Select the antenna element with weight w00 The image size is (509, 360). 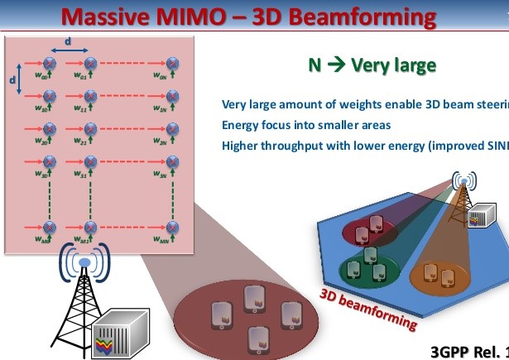point(50,63)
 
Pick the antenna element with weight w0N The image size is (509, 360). point(172,63)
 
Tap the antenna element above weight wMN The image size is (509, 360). point(172,226)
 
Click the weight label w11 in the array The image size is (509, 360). point(81,109)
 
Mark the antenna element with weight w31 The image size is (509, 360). point(89,161)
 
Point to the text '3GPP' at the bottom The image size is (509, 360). point(454,350)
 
